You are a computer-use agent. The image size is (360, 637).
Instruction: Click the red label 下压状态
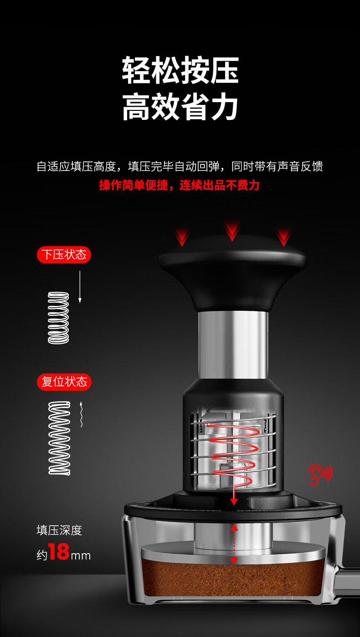[64, 255]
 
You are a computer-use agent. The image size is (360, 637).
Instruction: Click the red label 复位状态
[64, 382]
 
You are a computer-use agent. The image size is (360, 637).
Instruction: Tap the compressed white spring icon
[58, 318]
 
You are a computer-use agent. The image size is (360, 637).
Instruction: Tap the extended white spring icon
[59, 438]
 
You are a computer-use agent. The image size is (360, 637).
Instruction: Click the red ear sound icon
[319, 475]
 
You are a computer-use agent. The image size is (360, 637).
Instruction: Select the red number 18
[59, 552]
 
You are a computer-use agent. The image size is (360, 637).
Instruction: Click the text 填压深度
[59, 531]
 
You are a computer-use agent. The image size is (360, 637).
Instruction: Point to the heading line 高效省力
[180, 106]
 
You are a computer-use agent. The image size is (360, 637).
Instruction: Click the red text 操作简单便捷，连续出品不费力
[179, 185]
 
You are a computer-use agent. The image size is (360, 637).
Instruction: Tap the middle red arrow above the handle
[232, 230]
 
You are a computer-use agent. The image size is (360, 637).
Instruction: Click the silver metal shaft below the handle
[233, 345]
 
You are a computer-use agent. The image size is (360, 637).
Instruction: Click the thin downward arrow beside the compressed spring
[80, 287]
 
